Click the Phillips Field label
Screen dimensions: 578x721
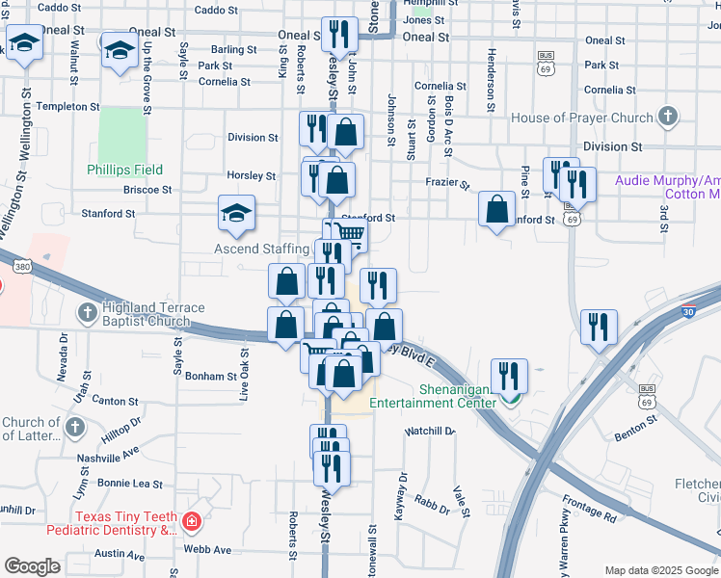click(x=124, y=170)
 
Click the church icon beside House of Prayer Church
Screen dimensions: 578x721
click(x=666, y=118)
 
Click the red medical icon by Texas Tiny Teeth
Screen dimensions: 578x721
click(x=192, y=521)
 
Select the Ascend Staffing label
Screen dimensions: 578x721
click(x=260, y=250)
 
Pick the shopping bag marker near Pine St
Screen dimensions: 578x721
click(x=496, y=208)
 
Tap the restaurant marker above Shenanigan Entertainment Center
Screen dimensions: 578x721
click(x=508, y=376)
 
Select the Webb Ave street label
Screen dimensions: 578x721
click(x=208, y=549)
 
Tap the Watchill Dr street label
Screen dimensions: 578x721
click(x=430, y=431)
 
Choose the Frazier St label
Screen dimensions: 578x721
click(x=447, y=182)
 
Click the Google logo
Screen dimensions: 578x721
click(x=33, y=566)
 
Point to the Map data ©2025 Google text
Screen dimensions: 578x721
click(x=660, y=569)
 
